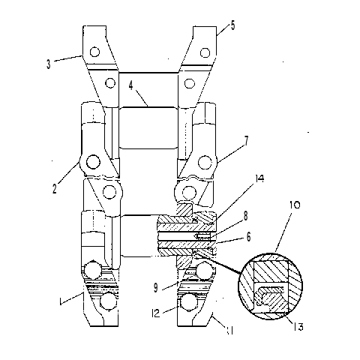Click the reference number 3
(49, 64)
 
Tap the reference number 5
(232, 25)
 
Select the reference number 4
(131, 85)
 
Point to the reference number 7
(247, 141)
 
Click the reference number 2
(55, 188)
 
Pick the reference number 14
(259, 178)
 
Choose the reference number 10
(295, 205)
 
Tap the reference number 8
(246, 216)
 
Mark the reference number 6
(248, 237)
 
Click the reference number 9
(156, 288)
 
